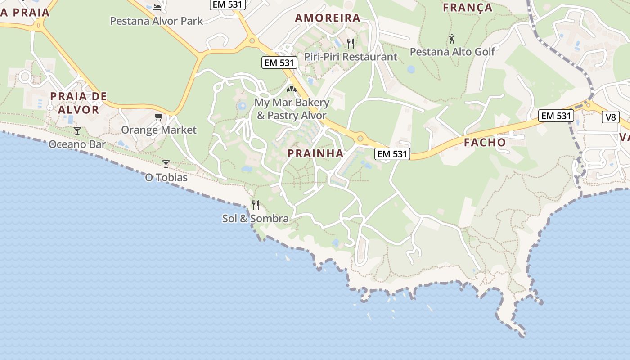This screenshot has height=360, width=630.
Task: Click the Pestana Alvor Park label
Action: [157, 21]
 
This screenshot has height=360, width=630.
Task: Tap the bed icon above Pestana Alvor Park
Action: [157, 7]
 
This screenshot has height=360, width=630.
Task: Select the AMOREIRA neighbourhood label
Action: [328, 18]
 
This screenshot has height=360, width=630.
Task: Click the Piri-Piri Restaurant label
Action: [351, 57]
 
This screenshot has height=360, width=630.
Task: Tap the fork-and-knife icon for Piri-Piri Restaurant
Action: [351, 43]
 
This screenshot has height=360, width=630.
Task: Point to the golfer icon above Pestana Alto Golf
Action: [452, 39]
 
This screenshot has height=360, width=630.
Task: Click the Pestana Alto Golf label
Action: [452, 52]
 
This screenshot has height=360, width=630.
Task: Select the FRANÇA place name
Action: [468, 8]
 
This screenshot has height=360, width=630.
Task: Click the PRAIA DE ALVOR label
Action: [79, 103]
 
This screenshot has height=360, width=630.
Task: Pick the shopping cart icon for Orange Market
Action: [158, 117]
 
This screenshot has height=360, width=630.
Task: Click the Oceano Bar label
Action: [77, 144]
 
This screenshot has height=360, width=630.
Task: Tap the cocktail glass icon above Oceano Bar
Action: [77, 131]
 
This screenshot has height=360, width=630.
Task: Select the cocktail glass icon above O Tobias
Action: [166, 164]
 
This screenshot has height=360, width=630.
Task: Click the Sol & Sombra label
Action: [256, 218]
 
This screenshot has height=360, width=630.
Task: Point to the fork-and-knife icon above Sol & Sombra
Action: [256, 205]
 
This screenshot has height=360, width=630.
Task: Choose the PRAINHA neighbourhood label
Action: [315, 153]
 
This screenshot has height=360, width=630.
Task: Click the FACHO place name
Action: [485, 143]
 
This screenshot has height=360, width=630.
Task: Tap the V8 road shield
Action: [610, 117]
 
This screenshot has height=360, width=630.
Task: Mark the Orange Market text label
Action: [159, 130]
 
